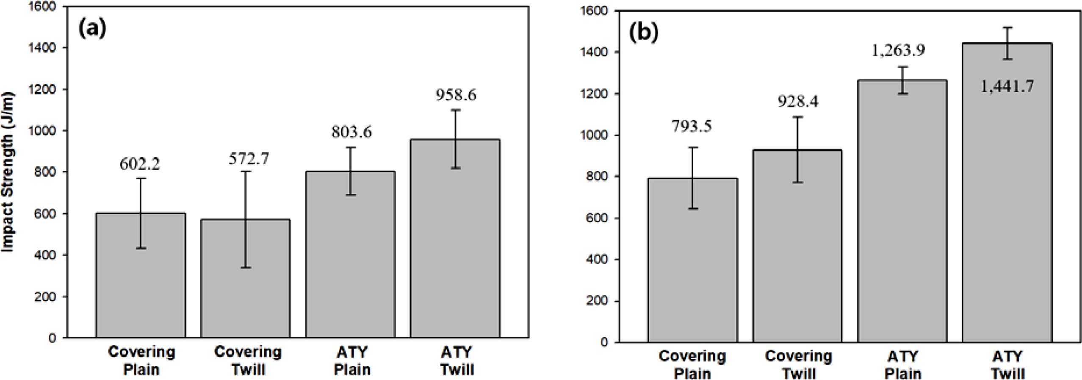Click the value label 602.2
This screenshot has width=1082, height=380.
click(140, 164)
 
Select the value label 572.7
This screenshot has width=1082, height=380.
click(249, 159)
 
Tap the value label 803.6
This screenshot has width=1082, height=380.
click(351, 132)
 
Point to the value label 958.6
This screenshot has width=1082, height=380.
click(456, 95)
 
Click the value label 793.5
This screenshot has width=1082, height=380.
click(692, 126)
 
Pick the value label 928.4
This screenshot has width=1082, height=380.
click(798, 102)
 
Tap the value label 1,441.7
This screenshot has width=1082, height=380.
click(1007, 86)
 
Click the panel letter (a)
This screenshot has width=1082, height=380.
click(93, 28)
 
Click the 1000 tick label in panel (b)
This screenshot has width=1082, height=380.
click(595, 135)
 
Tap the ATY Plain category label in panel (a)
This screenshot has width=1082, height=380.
click(352, 361)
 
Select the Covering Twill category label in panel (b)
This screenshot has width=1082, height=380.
click(798, 365)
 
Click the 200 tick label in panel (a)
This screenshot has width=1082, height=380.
click(46, 297)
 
